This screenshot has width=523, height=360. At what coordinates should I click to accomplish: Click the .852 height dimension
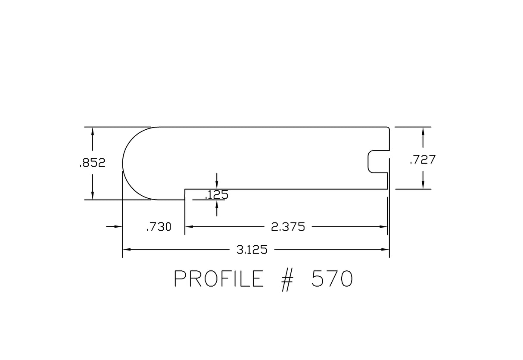(x=92, y=163)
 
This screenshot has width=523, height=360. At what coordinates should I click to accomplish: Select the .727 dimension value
(x=423, y=160)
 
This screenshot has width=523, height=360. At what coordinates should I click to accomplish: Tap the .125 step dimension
(x=217, y=195)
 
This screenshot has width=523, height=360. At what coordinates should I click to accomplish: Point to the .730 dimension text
(x=159, y=227)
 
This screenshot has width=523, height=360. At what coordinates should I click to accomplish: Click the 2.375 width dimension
(x=288, y=227)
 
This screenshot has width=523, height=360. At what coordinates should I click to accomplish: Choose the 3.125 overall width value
(x=252, y=250)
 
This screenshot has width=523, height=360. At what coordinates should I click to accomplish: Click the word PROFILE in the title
(x=218, y=279)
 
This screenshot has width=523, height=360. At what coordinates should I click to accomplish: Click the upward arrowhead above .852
(x=92, y=131)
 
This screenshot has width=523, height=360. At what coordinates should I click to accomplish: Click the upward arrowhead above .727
(x=423, y=131)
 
